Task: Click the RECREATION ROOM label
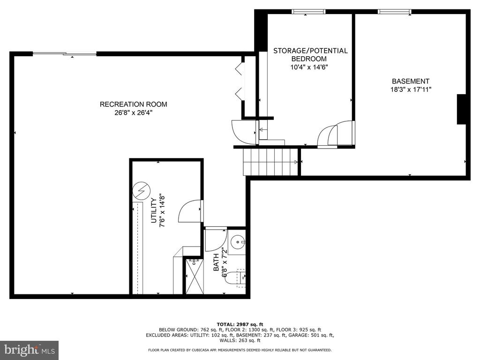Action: tap(133, 105)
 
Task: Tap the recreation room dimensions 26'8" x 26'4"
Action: tap(133, 113)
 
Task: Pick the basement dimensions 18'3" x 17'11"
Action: tap(411, 89)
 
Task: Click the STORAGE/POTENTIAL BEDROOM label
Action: tap(310, 54)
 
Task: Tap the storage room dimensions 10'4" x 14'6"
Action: tap(309, 67)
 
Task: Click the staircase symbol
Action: tap(271, 162)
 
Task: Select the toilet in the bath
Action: tap(234, 278)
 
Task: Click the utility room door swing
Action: tap(190, 211)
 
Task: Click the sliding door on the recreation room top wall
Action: tap(65, 54)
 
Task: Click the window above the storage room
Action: tap(308, 11)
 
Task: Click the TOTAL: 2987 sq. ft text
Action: tap(240, 324)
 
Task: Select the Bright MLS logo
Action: tap(29, 350)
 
